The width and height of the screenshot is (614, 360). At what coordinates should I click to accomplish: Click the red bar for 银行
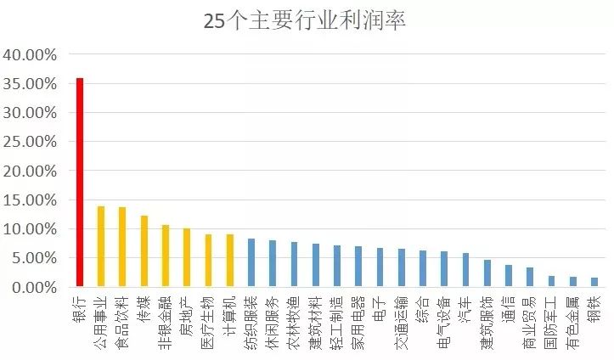(x=80, y=183)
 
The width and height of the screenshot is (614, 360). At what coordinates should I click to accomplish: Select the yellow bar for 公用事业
(x=101, y=246)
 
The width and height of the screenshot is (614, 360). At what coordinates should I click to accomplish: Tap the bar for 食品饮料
(x=122, y=247)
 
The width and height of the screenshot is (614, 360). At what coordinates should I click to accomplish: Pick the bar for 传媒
(x=144, y=251)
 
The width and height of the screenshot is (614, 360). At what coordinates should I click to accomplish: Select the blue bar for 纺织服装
(x=251, y=263)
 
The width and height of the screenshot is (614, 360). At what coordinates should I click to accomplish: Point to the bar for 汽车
(x=465, y=270)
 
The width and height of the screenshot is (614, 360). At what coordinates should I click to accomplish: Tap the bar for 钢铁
(x=594, y=282)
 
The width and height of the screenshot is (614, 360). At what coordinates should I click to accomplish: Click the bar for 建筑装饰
(x=487, y=273)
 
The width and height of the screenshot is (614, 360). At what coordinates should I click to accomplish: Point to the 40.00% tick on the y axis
(x=30, y=55)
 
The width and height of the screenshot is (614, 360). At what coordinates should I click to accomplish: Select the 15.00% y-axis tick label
(x=30, y=200)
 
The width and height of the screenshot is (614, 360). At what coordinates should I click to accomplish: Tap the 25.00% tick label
(x=30, y=143)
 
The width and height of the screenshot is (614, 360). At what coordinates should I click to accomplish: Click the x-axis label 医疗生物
(x=208, y=318)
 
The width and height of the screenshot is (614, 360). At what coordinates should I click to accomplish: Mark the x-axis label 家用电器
(x=358, y=318)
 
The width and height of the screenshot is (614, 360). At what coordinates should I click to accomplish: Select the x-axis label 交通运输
(x=401, y=318)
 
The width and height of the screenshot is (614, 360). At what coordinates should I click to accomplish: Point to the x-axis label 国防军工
(x=550, y=318)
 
